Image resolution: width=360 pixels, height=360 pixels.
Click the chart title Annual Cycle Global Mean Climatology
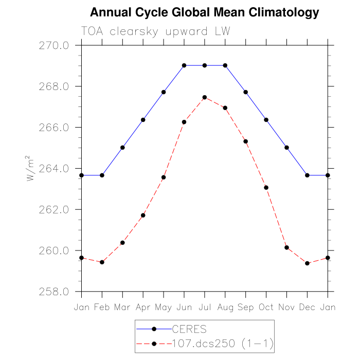point(204,12)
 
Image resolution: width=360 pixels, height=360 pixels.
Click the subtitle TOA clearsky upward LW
point(155,31)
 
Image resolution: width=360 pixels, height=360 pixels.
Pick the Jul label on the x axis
point(205,307)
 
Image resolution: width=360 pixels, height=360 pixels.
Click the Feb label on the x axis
point(102,307)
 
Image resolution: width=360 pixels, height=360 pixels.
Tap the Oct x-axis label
point(266,307)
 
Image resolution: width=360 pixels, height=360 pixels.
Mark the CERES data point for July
point(205,65)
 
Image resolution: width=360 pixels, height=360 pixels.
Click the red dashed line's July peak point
point(205,97)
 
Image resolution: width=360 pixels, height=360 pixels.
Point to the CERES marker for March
point(122,148)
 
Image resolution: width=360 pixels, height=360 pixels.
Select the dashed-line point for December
point(308,263)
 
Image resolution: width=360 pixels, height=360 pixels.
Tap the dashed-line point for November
point(287,247)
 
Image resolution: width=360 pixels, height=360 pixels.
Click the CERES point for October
point(266,120)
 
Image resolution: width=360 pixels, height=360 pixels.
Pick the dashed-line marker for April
point(143,215)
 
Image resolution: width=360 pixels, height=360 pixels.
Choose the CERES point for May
point(164,92)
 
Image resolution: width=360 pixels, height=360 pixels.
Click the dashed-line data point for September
point(246,141)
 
